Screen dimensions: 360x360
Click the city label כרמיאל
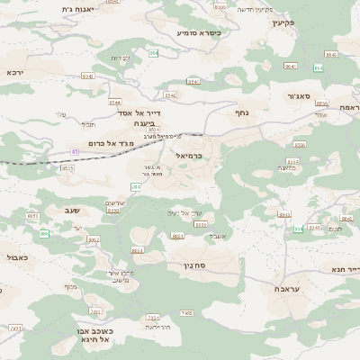coord(184,156)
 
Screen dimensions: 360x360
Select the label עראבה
coord(285,291)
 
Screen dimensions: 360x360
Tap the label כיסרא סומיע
coord(198,32)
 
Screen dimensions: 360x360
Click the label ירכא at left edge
coord(13,72)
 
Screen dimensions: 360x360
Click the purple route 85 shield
coord(75,151)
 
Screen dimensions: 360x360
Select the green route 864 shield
coord(319,67)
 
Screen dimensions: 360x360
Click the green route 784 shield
coord(136,186)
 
